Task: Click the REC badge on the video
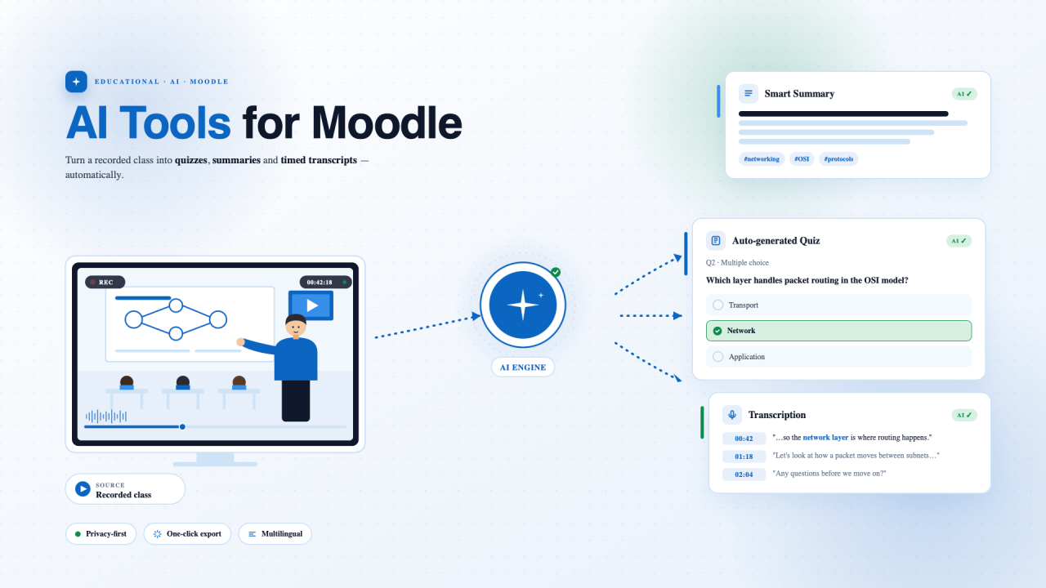[x=105, y=282]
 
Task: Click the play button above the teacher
[x=311, y=305]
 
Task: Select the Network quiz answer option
[x=838, y=331]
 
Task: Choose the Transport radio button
[x=717, y=305]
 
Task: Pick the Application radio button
[x=717, y=357]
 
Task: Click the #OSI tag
[x=802, y=158]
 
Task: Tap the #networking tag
[x=762, y=158]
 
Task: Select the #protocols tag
[x=838, y=158]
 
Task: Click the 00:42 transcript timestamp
[x=744, y=439]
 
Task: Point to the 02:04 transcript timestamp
[x=744, y=474]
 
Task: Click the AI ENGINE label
[x=523, y=367]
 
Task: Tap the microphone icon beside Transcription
[x=731, y=415]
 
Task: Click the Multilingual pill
[x=275, y=533]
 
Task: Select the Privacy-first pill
[x=101, y=533]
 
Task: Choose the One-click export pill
[x=187, y=533]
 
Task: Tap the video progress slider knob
[x=182, y=426]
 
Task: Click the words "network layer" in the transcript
[x=825, y=437]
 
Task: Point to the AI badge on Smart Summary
[x=964, y=94]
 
